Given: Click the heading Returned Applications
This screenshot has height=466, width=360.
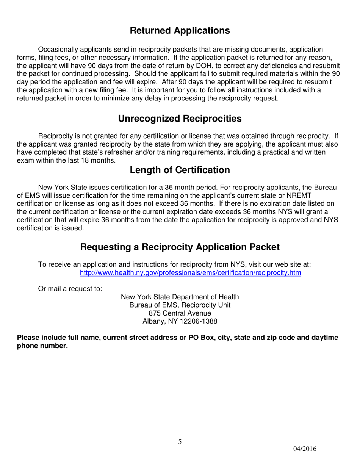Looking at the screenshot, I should (180, 31).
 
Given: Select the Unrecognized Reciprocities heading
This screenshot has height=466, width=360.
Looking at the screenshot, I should (180, 119).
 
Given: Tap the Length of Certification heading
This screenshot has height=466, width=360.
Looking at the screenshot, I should (180, 170).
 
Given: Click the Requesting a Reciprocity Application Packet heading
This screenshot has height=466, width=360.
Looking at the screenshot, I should (180, 247).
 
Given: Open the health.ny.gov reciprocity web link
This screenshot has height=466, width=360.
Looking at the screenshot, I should (190, 273).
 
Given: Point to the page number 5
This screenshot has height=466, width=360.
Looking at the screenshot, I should (180, 442).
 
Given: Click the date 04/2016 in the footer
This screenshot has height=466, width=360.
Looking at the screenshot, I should (305, 449).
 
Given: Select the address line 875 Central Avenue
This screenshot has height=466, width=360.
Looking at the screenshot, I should (180, 313).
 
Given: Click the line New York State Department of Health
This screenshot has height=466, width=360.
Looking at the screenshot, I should (180, 297).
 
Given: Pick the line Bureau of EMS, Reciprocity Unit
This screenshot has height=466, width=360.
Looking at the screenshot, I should (180, 305).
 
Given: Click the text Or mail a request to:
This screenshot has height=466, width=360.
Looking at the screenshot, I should (70, 289).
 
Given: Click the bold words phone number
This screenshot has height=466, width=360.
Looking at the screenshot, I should (42, 346).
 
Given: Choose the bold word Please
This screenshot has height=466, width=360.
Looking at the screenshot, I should (28, 338).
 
